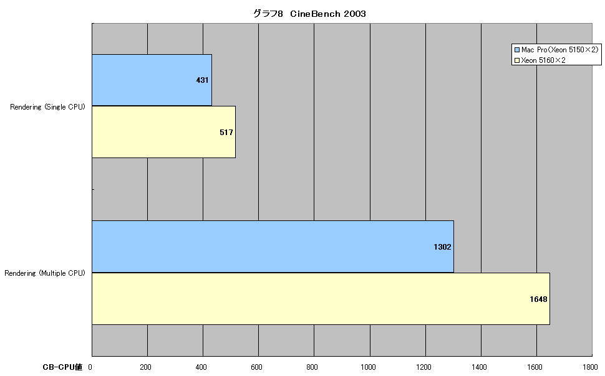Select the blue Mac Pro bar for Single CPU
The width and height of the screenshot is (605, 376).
point(152,80)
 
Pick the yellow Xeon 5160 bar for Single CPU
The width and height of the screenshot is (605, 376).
point(163,132)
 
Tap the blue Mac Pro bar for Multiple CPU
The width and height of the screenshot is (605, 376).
point(273,247)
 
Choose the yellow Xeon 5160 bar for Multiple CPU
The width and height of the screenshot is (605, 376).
point(321,299)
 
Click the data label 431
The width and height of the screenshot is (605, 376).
point(202,80)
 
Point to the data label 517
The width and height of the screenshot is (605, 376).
point(226,133)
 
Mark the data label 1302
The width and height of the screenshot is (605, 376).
point(442,247)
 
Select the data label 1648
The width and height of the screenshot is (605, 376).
point(538,299)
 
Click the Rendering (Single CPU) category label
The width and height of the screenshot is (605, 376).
point(47,107)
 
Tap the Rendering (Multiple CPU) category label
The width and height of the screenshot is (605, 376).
point(45,273)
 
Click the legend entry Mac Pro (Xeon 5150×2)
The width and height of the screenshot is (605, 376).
point(559,50)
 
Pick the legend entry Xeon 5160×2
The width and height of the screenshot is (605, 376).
point(543,60)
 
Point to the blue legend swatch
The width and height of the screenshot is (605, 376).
point(517,50)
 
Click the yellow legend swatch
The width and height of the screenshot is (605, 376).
point(517,60)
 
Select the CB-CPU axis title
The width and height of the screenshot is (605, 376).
point(62,367)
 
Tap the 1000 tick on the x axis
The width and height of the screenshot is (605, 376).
point(368,367)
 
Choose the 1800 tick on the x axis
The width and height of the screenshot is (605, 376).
point(590,367)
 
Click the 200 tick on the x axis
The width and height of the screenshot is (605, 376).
point(145,367)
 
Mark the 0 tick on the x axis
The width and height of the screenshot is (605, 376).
point(90,367)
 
